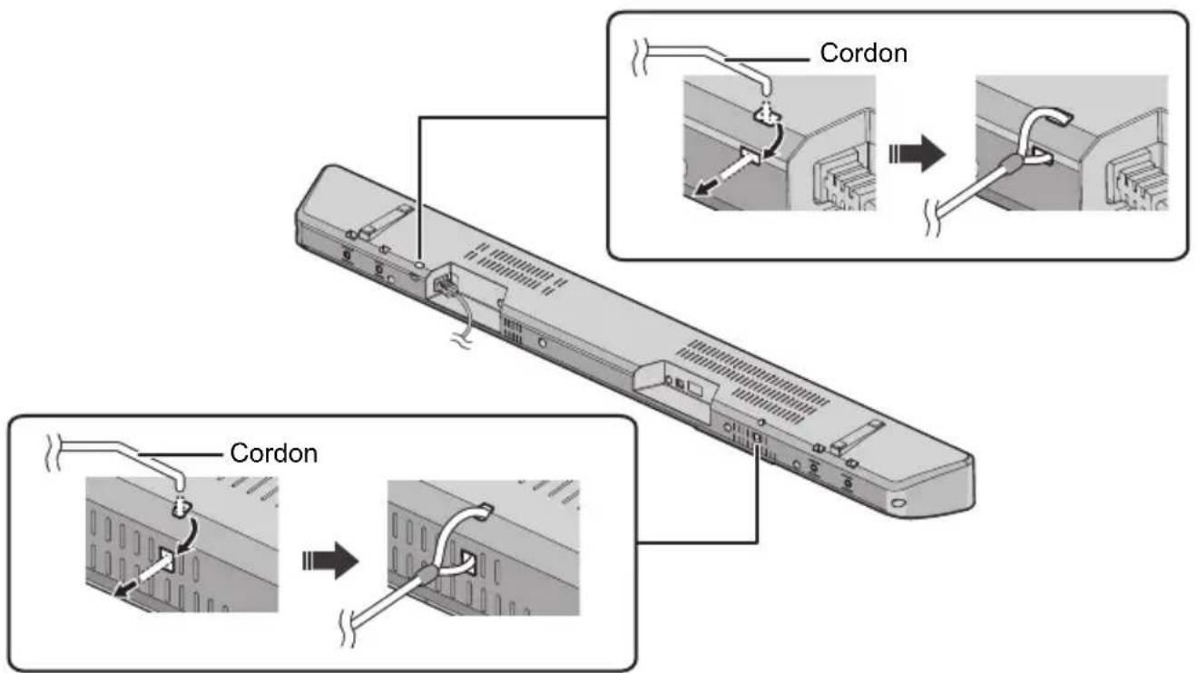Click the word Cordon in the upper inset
[x=863, y=54]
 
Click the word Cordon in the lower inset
[x=273, y=454]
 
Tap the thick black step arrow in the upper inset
[x=917, y=154]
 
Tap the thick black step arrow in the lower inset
[x=330, y=561]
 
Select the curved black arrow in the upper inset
[x=775, y=140]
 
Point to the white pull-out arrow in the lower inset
[x=143, y=574]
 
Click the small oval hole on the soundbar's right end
[x=898, y=503]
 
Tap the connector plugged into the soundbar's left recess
[x=445, y=285]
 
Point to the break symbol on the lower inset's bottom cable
[x=348, y=629]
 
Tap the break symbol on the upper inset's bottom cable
[x=933, y=218]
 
